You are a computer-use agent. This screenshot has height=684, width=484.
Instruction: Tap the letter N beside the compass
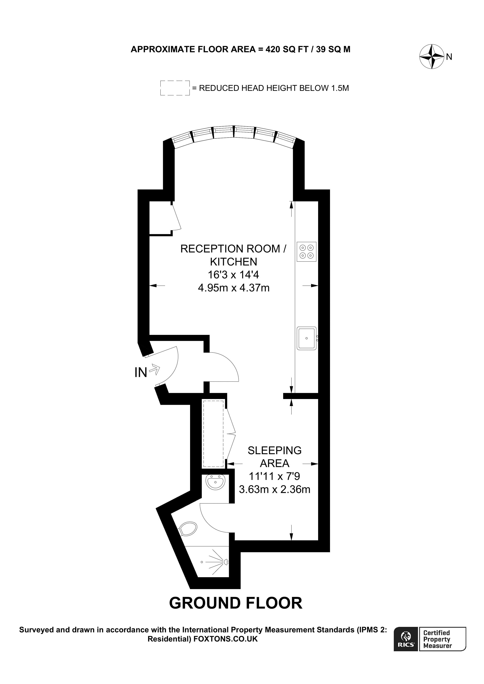tap(449, 57)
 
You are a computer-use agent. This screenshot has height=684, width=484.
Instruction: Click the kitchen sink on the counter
tap(306, 338)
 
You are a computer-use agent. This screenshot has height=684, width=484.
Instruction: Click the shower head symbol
tap(226, 562)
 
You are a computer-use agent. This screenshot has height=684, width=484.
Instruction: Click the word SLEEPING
tap(274, 450)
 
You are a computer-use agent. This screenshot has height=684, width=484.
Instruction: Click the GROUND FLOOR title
tap(236, 603)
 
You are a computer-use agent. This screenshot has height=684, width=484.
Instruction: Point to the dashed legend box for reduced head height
tap(175, 88)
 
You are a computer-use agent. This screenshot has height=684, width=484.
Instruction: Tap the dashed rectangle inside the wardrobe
tap(213, 434)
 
